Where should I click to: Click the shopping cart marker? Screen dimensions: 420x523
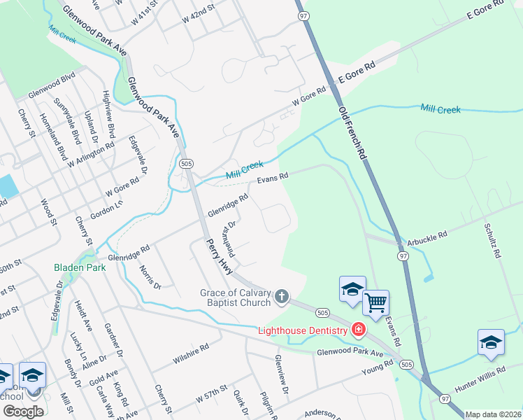[376, 303]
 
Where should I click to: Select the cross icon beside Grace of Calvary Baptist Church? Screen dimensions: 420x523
[281, 297]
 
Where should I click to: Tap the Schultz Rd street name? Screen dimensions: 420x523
[492, 241]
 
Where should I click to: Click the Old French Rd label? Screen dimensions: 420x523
[352, 131]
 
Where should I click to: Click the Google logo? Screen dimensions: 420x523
[22, 412]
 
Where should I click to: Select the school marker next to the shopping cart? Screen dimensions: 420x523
[352, 288]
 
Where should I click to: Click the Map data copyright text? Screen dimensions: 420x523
[493, 414]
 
